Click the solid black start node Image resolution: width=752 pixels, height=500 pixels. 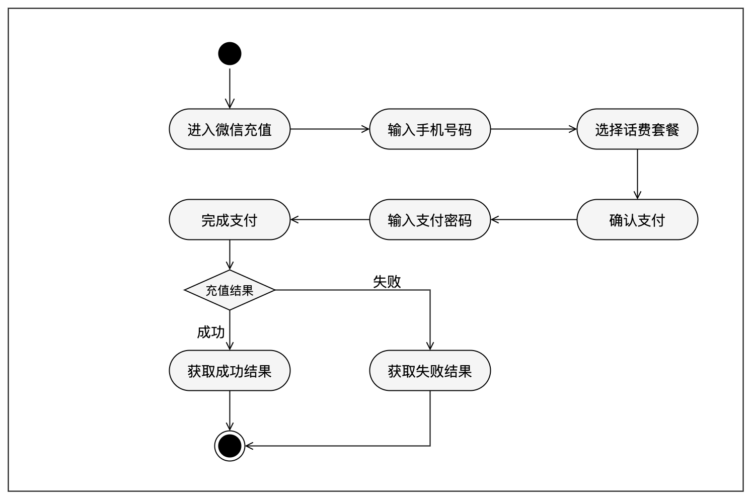(230, 53)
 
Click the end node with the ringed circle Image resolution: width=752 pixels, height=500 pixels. (230, 446)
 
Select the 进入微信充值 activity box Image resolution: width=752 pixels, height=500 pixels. (230, 129)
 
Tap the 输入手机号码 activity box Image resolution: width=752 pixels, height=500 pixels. (430, 129)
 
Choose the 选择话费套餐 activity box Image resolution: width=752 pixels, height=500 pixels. (637, 129)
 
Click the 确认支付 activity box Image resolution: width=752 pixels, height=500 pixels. (637, 220)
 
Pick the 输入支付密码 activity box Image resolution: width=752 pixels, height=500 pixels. (430, 220)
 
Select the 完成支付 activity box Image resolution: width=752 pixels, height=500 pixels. (230, 220)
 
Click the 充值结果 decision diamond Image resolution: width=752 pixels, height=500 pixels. (230, 290)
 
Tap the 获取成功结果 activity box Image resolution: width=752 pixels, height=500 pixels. (230, 371)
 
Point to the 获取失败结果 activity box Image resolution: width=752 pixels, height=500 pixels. (430, 371)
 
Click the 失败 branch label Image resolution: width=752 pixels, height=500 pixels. (387, 282)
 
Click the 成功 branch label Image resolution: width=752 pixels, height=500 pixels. (210, 332)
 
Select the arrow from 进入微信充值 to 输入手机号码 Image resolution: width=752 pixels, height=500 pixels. (330, 129)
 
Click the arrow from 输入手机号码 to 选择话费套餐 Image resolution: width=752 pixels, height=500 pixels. (534, 129)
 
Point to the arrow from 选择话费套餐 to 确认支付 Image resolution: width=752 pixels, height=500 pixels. (637, 174)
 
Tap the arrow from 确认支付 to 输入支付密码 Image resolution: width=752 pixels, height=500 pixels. (534, 220)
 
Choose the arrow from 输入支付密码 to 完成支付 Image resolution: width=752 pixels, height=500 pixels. (330, 220)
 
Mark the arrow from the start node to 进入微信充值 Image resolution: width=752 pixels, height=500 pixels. (230, 88)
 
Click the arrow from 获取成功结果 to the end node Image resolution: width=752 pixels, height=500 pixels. (230, 410)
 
